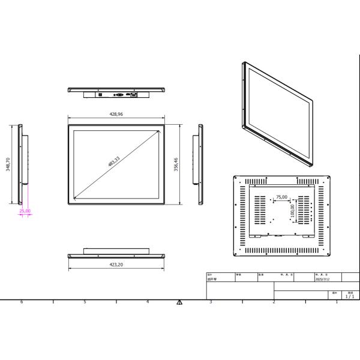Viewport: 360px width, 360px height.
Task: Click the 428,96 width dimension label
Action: tap(116, 114)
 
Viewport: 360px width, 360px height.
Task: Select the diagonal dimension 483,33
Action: tap(114, 162)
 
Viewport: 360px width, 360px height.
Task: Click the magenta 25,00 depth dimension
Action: tap(25, 211)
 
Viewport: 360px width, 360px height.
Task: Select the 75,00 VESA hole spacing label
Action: tap(281, 197)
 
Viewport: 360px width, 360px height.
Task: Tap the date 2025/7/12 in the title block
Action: tap(322, 279)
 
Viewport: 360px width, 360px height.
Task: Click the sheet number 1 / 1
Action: tap(349, 296)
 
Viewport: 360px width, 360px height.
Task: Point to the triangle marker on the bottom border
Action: tap(179, 302)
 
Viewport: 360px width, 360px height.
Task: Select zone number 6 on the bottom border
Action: tap(22, 302)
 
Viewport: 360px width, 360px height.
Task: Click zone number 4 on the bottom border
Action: tap(148, 302)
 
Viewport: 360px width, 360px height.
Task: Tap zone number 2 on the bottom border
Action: tap(274, 302)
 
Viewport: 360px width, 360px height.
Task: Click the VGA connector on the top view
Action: tap(119, 95)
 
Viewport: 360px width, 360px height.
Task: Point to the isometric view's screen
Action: tap(279, 114)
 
